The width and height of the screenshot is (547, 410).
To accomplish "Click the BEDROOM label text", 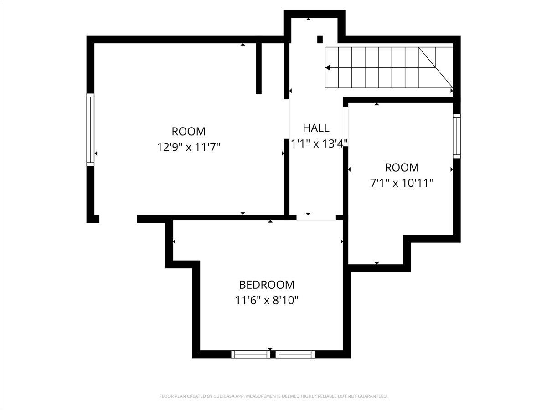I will (267, 285).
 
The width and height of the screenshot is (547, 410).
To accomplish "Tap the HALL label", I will (316, 128).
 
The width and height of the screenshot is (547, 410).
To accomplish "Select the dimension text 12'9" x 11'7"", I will (188, 147).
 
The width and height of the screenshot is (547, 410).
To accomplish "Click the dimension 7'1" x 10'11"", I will (401, 183).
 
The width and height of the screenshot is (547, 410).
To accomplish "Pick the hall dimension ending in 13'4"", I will (320, 143).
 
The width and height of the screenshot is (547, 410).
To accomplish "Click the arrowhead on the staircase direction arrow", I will (328, 67).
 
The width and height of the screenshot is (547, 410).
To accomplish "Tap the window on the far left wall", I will (90, 130).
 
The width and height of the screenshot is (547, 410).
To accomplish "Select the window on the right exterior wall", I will (456, 136).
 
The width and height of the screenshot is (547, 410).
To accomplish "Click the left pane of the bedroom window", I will (250, 354).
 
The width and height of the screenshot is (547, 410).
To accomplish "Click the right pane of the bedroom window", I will (295, 354).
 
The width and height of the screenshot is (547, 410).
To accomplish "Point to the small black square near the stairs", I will (320, 39).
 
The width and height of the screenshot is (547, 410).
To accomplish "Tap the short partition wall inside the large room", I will (259, 68).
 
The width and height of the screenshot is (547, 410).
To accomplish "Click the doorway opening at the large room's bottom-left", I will (118, 219).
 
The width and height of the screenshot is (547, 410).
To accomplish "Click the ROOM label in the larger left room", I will (188, 132).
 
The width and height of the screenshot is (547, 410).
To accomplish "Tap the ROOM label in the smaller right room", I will (401, 167).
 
